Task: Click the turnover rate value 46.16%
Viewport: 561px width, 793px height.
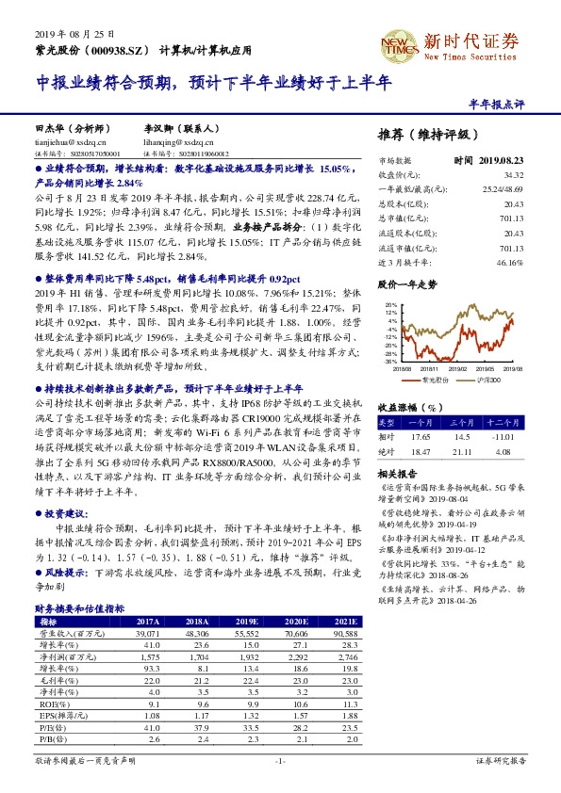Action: click(x=508, y=263)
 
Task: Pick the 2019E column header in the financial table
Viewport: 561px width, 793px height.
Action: click(x=249, y=621)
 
